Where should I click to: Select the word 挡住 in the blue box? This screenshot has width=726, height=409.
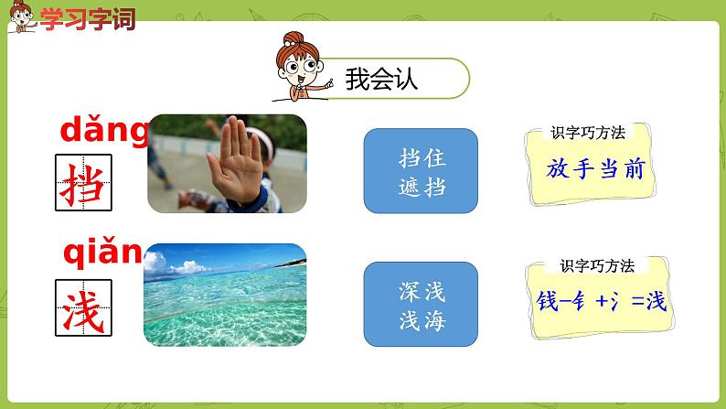point(422,157)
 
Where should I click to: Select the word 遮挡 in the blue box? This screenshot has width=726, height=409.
point(422,185)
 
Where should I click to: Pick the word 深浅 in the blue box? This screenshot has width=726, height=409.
point(422,291)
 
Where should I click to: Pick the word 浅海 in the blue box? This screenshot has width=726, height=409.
point(422,318)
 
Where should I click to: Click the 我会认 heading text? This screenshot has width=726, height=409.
point(381,79)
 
